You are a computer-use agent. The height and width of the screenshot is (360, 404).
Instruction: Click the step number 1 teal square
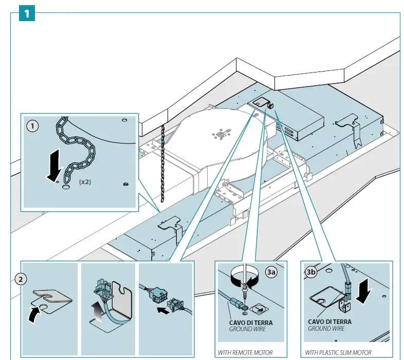[27, 13]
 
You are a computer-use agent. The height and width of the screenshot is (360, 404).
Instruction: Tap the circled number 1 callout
[32, 126]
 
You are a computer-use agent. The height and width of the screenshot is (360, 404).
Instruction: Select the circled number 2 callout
[21, 279]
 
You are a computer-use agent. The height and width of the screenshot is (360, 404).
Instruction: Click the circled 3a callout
[271, 272]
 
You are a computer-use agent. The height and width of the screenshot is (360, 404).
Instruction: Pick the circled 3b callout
[311, 272]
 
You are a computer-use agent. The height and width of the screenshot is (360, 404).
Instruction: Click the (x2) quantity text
[85, 182]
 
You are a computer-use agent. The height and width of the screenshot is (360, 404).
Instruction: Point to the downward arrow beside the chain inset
[54, 165]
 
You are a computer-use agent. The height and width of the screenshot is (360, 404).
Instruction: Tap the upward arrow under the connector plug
[97, 313]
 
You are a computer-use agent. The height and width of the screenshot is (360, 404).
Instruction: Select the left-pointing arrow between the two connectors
[163, 310]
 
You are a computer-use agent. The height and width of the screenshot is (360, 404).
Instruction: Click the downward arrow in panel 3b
[364, 292]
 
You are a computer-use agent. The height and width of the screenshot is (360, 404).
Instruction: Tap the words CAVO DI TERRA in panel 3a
[251, 322]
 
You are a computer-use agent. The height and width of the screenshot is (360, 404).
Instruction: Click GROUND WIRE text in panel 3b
[326, 329]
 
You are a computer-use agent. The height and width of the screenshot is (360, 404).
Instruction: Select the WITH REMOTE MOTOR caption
[245, 352]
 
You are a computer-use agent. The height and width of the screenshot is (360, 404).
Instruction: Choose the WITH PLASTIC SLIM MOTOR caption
[338, 352]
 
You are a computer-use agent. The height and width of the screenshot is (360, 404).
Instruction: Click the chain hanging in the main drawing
[162, 163]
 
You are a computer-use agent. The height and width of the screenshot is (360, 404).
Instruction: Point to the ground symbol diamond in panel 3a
[259, 309]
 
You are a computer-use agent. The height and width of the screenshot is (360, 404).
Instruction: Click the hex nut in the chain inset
[126, 184]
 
